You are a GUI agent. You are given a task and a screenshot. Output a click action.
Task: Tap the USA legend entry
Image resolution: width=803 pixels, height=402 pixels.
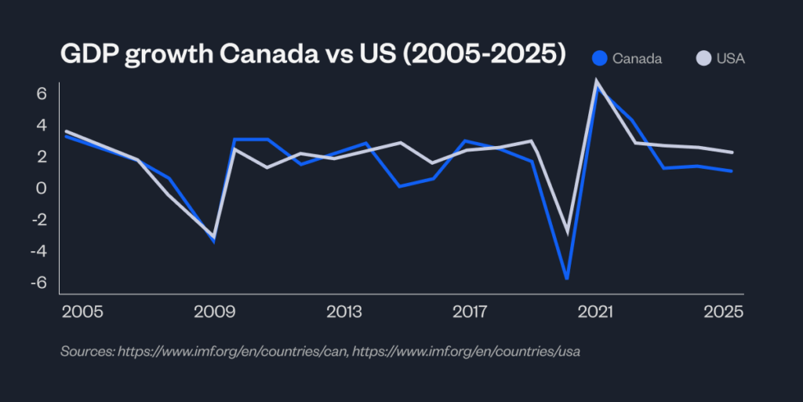pos(730,58)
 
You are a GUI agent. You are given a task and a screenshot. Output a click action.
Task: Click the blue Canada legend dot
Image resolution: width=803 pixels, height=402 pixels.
pos(601,58)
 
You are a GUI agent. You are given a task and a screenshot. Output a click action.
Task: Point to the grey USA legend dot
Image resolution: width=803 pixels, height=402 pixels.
pos(703,58)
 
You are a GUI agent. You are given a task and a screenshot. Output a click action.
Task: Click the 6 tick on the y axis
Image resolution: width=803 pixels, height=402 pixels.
pos(42,93)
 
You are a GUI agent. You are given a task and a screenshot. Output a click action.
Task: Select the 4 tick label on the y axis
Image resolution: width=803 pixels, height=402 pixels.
pos(42,125)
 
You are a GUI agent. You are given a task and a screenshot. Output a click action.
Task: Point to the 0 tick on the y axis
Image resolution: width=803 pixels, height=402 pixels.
pos(42,188)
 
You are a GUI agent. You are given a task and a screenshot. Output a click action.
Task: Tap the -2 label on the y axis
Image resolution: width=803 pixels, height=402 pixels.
pos(38,220)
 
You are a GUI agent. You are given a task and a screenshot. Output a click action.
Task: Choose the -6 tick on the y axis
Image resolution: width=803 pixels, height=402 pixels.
pos(38,283)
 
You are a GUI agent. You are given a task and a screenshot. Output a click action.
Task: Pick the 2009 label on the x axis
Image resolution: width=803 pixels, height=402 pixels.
pos(214,312)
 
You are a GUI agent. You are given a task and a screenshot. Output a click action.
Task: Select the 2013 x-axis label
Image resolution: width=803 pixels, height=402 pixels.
pos(343,312)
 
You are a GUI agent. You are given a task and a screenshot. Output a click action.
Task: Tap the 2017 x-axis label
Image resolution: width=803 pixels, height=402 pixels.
pos(472,312)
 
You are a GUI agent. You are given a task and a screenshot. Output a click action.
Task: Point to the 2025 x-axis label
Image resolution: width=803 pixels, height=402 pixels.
pos(724,312)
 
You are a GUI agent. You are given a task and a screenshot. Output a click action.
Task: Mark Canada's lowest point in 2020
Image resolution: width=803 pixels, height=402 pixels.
pos(566,279)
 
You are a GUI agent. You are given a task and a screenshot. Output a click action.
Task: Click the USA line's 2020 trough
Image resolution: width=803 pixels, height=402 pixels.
pos(568,232)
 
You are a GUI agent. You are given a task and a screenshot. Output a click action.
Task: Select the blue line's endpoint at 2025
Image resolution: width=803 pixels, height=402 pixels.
pos(732,171)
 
